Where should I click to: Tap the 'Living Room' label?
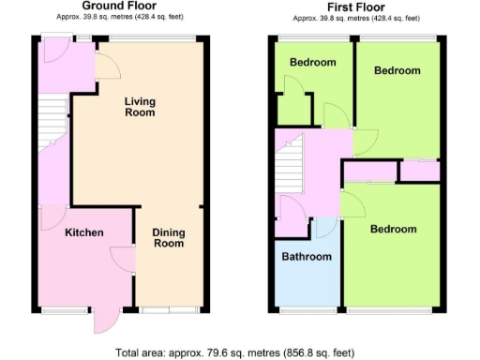(x=140, y=107)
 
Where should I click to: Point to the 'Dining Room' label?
(x=169, y=238)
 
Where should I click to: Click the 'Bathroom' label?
(x=307, y=257)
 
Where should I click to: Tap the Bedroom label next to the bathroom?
(x=392, y=230)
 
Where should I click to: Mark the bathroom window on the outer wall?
(x=307, y=308)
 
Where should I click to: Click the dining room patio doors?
(x=169, y=308)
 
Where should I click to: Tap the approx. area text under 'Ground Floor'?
(x=127, y=16)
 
